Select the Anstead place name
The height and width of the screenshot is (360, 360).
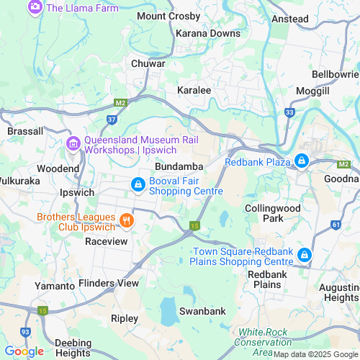291,19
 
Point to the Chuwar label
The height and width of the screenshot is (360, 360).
148,63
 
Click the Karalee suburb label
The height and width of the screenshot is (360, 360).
194,90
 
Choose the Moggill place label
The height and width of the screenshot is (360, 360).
312,91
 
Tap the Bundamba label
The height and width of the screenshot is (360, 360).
178,166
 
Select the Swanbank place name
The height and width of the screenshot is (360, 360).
202,311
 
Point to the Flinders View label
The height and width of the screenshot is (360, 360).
109,283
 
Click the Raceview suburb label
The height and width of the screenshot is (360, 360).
106,241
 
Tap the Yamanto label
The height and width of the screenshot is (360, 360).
55,286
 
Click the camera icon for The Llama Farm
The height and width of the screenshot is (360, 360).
35,7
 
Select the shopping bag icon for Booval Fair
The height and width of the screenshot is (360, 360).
137,185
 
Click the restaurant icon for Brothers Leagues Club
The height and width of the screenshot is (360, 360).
126,220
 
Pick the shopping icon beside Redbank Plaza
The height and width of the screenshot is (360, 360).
302,161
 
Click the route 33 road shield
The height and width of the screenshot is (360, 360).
289,112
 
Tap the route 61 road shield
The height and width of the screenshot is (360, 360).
336,225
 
